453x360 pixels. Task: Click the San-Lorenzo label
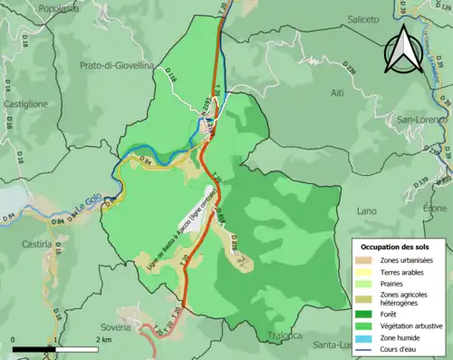point(424,120)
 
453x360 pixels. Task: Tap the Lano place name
point(367,210)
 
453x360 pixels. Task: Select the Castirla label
point(35,244)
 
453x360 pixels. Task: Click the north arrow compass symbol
point(402,50)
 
